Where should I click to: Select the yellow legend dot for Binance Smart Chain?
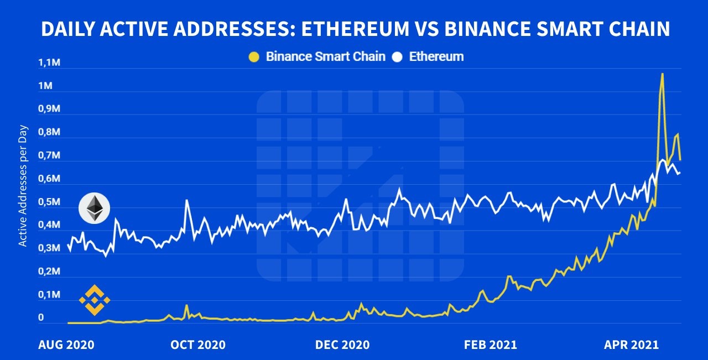click(x=254, y=57)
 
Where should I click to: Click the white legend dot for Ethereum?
click(x=397, y=57)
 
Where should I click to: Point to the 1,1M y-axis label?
click(x=49, y=63)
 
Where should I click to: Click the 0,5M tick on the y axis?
click(x=49, y=202)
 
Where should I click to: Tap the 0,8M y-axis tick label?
click(x=49, y=133)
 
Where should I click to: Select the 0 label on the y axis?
click(x=41, y=318)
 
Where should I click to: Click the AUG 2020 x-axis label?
click(x=66, y=345)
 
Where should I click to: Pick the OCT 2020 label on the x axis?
click(x=198, y=345)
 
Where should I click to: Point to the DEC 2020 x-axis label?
click(x=342, y=345)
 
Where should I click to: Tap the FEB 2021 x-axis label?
click(x=491, y=345)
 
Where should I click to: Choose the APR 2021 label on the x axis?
click(x=631, y=345)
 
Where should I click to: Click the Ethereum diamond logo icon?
click(x=94, y=208)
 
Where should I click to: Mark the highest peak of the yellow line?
click(x=662, y=74)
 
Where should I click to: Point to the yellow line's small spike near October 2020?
click(x=186, y=305)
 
